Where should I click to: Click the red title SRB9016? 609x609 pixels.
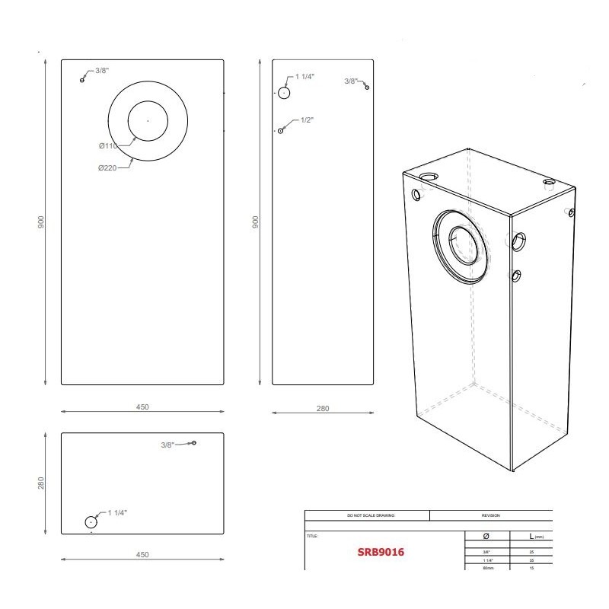(x=381, y=552)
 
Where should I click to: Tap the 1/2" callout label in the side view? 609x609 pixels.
(x=308, y=120)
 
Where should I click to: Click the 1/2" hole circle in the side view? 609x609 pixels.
(x=281, y=131)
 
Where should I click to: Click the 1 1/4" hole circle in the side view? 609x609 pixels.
(x=283, y=93)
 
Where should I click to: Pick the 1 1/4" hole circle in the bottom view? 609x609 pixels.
(x=91, y=522)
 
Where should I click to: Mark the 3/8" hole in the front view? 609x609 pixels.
(x=82, y=80)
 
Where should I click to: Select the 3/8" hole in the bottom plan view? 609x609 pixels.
(x=194, y=442)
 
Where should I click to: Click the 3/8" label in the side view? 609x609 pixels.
(x=350, y=80)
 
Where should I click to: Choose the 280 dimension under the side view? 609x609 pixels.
(x=322, y=410)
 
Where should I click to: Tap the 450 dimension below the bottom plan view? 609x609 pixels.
(x=142, y=555)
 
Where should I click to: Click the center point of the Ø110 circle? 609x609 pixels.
(x=148, y=120)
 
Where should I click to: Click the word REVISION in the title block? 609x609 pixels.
(x=490, y=515)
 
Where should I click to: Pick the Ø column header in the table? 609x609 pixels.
(x=486, y=537)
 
